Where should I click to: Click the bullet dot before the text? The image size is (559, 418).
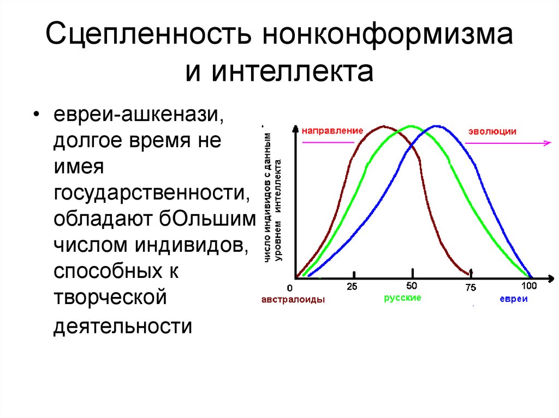(x=36, y=116)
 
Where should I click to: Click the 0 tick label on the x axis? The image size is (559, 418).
(x=290, y=287)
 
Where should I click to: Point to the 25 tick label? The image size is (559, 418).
(x=352, y=287)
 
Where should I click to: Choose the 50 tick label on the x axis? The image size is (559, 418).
(x=412, y=286)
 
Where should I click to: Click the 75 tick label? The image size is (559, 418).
(x=471, y=287)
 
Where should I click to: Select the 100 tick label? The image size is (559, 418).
(x=529, y=286)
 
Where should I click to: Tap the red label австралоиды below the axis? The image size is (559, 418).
(x=294, y=300)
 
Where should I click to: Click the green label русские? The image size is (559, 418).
(x=402, y=299)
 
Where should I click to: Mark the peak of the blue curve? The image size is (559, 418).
(x=436, y=126)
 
